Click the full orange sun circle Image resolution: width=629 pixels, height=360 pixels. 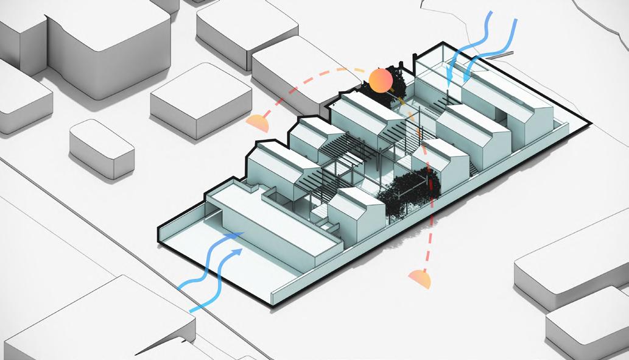380,81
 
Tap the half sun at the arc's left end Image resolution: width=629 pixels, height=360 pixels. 258,123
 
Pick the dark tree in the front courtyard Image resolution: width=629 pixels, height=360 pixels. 409,192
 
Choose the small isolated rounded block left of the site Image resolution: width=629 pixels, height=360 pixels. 101,148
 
